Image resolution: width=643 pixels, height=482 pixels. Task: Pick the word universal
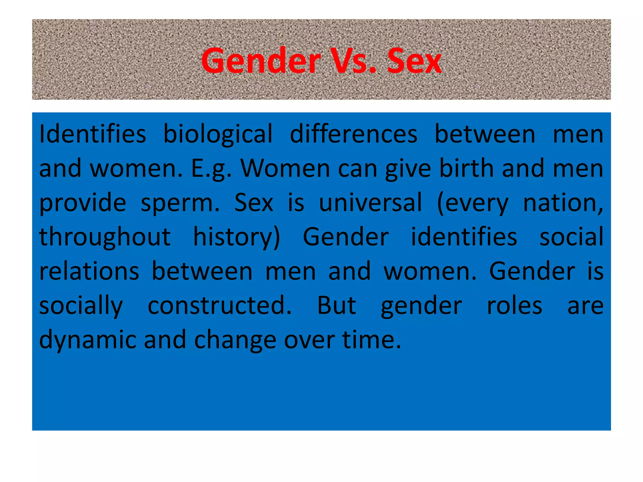coord(370,202)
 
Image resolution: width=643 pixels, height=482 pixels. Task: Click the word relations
coord(89,271)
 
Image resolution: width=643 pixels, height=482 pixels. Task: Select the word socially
coord(81,306)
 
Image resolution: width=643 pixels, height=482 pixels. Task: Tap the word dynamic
coord(88,340)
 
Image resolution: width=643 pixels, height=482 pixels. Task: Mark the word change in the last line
coord(235,340)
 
